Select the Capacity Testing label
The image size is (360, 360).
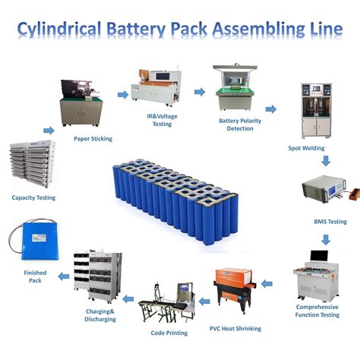tap(33, 197)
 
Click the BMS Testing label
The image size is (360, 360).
tap(330, 221)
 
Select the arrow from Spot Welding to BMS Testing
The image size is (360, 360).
tap(325, 161)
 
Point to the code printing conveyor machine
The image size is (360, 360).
tap(163, 305)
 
